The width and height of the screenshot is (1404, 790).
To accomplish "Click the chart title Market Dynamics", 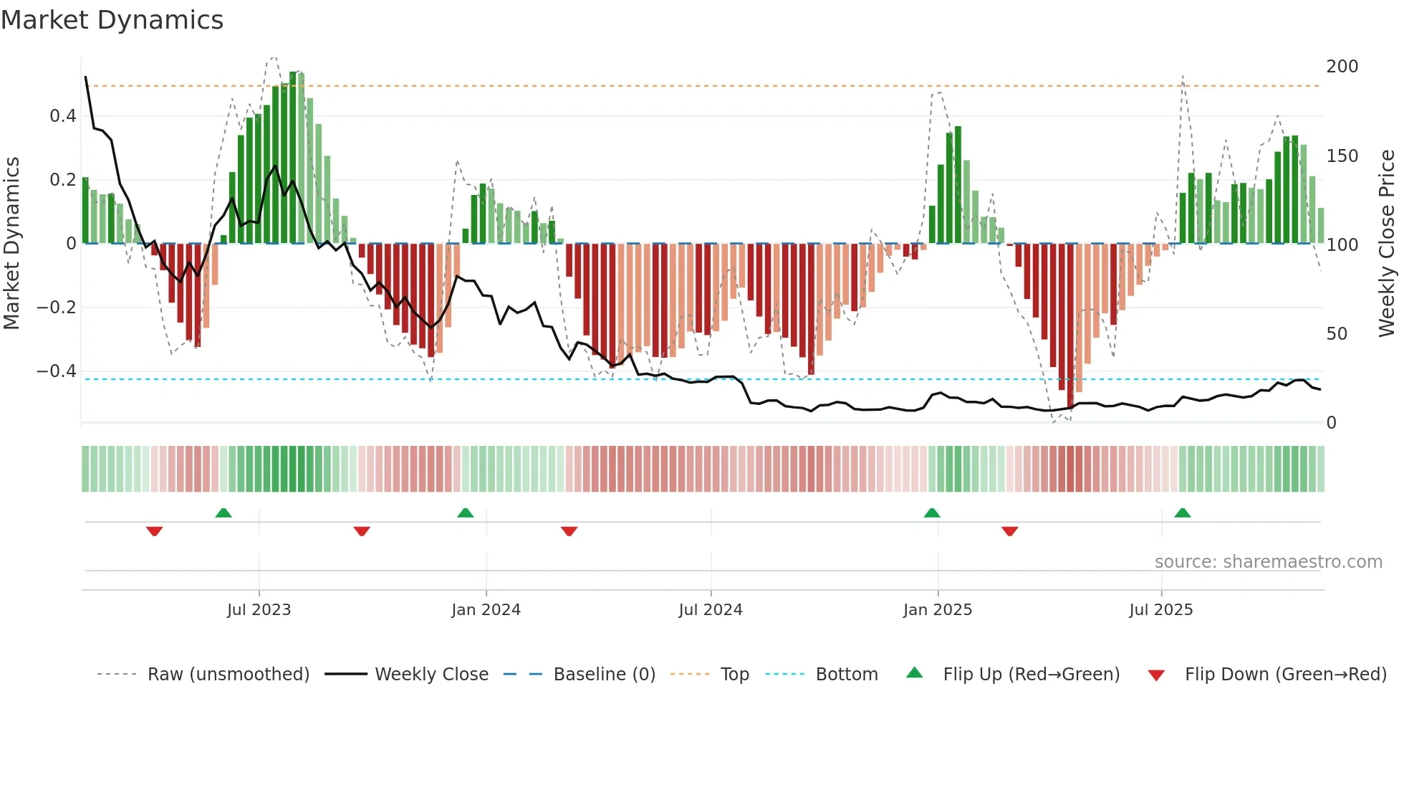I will [112, 20].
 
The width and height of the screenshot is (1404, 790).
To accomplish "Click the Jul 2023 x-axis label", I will [259, 610].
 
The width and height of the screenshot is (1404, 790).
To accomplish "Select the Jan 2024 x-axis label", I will [486, 610].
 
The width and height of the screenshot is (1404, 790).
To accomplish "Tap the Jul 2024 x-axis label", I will [710, 610].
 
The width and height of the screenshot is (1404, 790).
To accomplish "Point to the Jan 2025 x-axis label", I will [937, 610].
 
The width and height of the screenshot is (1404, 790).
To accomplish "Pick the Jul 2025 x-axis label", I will [1160, 610].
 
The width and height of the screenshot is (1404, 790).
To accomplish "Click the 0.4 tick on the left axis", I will [62, 116].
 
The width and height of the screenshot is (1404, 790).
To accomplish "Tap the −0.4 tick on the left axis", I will [57, 371].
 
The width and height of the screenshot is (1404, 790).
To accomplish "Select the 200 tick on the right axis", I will [1342, 67].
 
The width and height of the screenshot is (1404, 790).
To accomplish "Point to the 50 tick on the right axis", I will [1337, 334].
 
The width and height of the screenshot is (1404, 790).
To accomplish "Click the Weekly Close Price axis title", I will [1387, 244].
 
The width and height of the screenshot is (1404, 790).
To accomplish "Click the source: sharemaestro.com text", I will [1268, 562].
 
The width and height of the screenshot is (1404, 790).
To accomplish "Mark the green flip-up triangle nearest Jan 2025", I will [931, 513].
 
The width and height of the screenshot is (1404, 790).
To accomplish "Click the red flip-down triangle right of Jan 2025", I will [1009, 531].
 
